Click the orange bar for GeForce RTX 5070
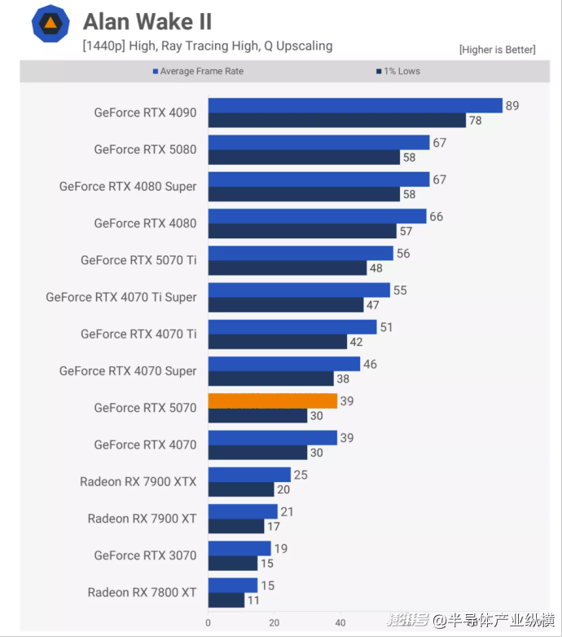tap(272, 400)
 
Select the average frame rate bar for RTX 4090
tap(355, 105)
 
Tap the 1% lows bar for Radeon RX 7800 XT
tap(226, 600)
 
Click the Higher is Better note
tap(497, 50)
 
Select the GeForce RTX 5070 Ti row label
tap(138, 260)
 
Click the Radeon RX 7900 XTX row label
tap(138, 481)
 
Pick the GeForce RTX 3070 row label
tap(145, 555)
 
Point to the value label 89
tap(512, 105)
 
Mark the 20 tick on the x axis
tap(274, 622)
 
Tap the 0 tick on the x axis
tap(209, 622)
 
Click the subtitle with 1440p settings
tap(207, 46)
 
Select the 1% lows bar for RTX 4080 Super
tap(304, 194)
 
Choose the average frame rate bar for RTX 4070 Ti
tap(292, 327)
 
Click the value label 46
tap(370, 364)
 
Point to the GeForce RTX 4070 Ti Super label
tap(121, 297)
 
